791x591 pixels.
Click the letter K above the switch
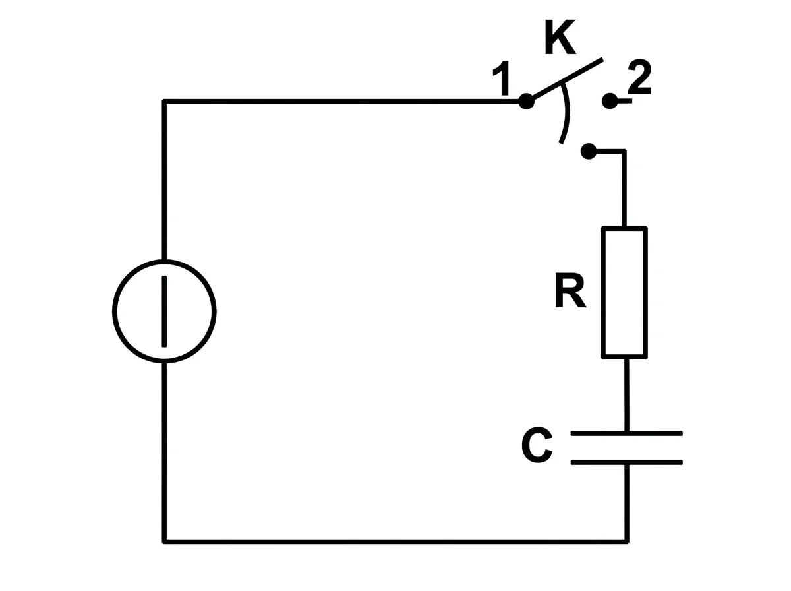point(560,37)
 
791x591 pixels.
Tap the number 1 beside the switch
point(501,78)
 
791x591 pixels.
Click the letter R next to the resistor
point(570,291)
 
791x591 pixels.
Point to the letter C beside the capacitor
point(537,445)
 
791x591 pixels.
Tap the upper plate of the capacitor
point(627,433)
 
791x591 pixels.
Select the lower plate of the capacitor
point(627,462)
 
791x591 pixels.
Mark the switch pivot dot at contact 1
point(526,102)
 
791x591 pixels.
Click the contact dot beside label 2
point(609,101)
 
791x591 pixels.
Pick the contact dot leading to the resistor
point(589,151)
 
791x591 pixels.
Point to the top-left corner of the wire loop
point(164,102)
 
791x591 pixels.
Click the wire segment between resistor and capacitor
point(627,395)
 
